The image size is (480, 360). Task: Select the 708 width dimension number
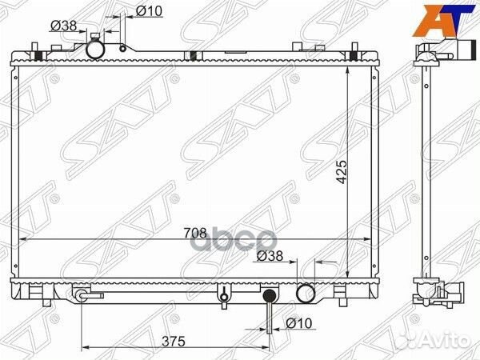(x=195, y=233)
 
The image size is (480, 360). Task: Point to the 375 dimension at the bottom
(x=174, y=341)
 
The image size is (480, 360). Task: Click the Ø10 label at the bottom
(x=298, y=323)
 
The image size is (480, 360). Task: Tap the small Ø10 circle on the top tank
(x=122, y=48)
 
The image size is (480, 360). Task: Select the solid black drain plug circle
(x=270, y=296)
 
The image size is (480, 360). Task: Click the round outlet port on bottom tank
(x=306, y=294)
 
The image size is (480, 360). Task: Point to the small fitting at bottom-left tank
(x=82, y=295)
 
